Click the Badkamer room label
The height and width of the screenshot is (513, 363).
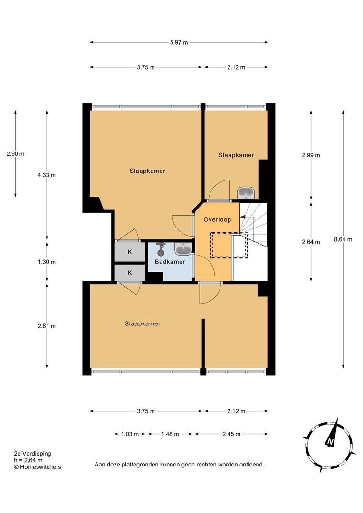tap(170, 262)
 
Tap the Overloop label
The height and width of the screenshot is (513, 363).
tap(217, 219)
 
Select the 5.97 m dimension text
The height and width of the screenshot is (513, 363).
tap(179, 42)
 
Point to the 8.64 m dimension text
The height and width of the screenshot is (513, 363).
tap(343, 239)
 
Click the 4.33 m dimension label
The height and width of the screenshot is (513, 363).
tap(47, 175)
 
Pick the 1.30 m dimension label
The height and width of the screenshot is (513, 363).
tap(47, 262)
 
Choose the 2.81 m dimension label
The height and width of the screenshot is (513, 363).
tap(47, 326)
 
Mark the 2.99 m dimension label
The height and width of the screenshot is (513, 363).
tap(311, 155)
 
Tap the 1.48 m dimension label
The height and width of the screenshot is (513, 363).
tap(170, 434)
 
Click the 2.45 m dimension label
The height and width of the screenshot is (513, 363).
tap(231, 434)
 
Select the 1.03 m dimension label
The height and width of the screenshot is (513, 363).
tap(130, 434)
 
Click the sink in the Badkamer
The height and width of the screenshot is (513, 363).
tap(183, 249)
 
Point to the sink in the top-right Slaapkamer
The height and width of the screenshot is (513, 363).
tap(245, 193)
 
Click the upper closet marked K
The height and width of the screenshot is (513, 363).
tap(130, 252)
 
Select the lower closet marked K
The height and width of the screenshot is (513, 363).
tap(130, 273)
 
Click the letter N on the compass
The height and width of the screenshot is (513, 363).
tap(330, 442)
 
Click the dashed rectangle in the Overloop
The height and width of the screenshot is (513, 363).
tap(229, 245)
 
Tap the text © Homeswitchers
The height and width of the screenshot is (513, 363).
tap(38, 467)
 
